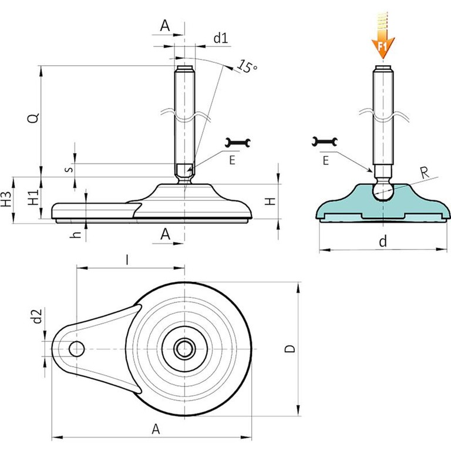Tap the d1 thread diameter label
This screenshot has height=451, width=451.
coord(220,39)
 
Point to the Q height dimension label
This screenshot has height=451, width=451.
coord(35,117)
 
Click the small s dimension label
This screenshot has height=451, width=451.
coord(69,169)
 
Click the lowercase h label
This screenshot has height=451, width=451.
coord(75,234)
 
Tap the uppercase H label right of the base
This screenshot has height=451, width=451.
coord(270,201)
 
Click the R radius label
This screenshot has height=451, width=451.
coord(425,172)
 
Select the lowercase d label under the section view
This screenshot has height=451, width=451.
coord(383,240)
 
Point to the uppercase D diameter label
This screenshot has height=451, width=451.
coord(289,349)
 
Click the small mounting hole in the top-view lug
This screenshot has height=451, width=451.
coord(76,349)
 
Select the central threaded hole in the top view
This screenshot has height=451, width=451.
coord(185,349)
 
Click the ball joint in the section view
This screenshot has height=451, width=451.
coord(383,191)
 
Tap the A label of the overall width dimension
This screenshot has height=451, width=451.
coord(156,429)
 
